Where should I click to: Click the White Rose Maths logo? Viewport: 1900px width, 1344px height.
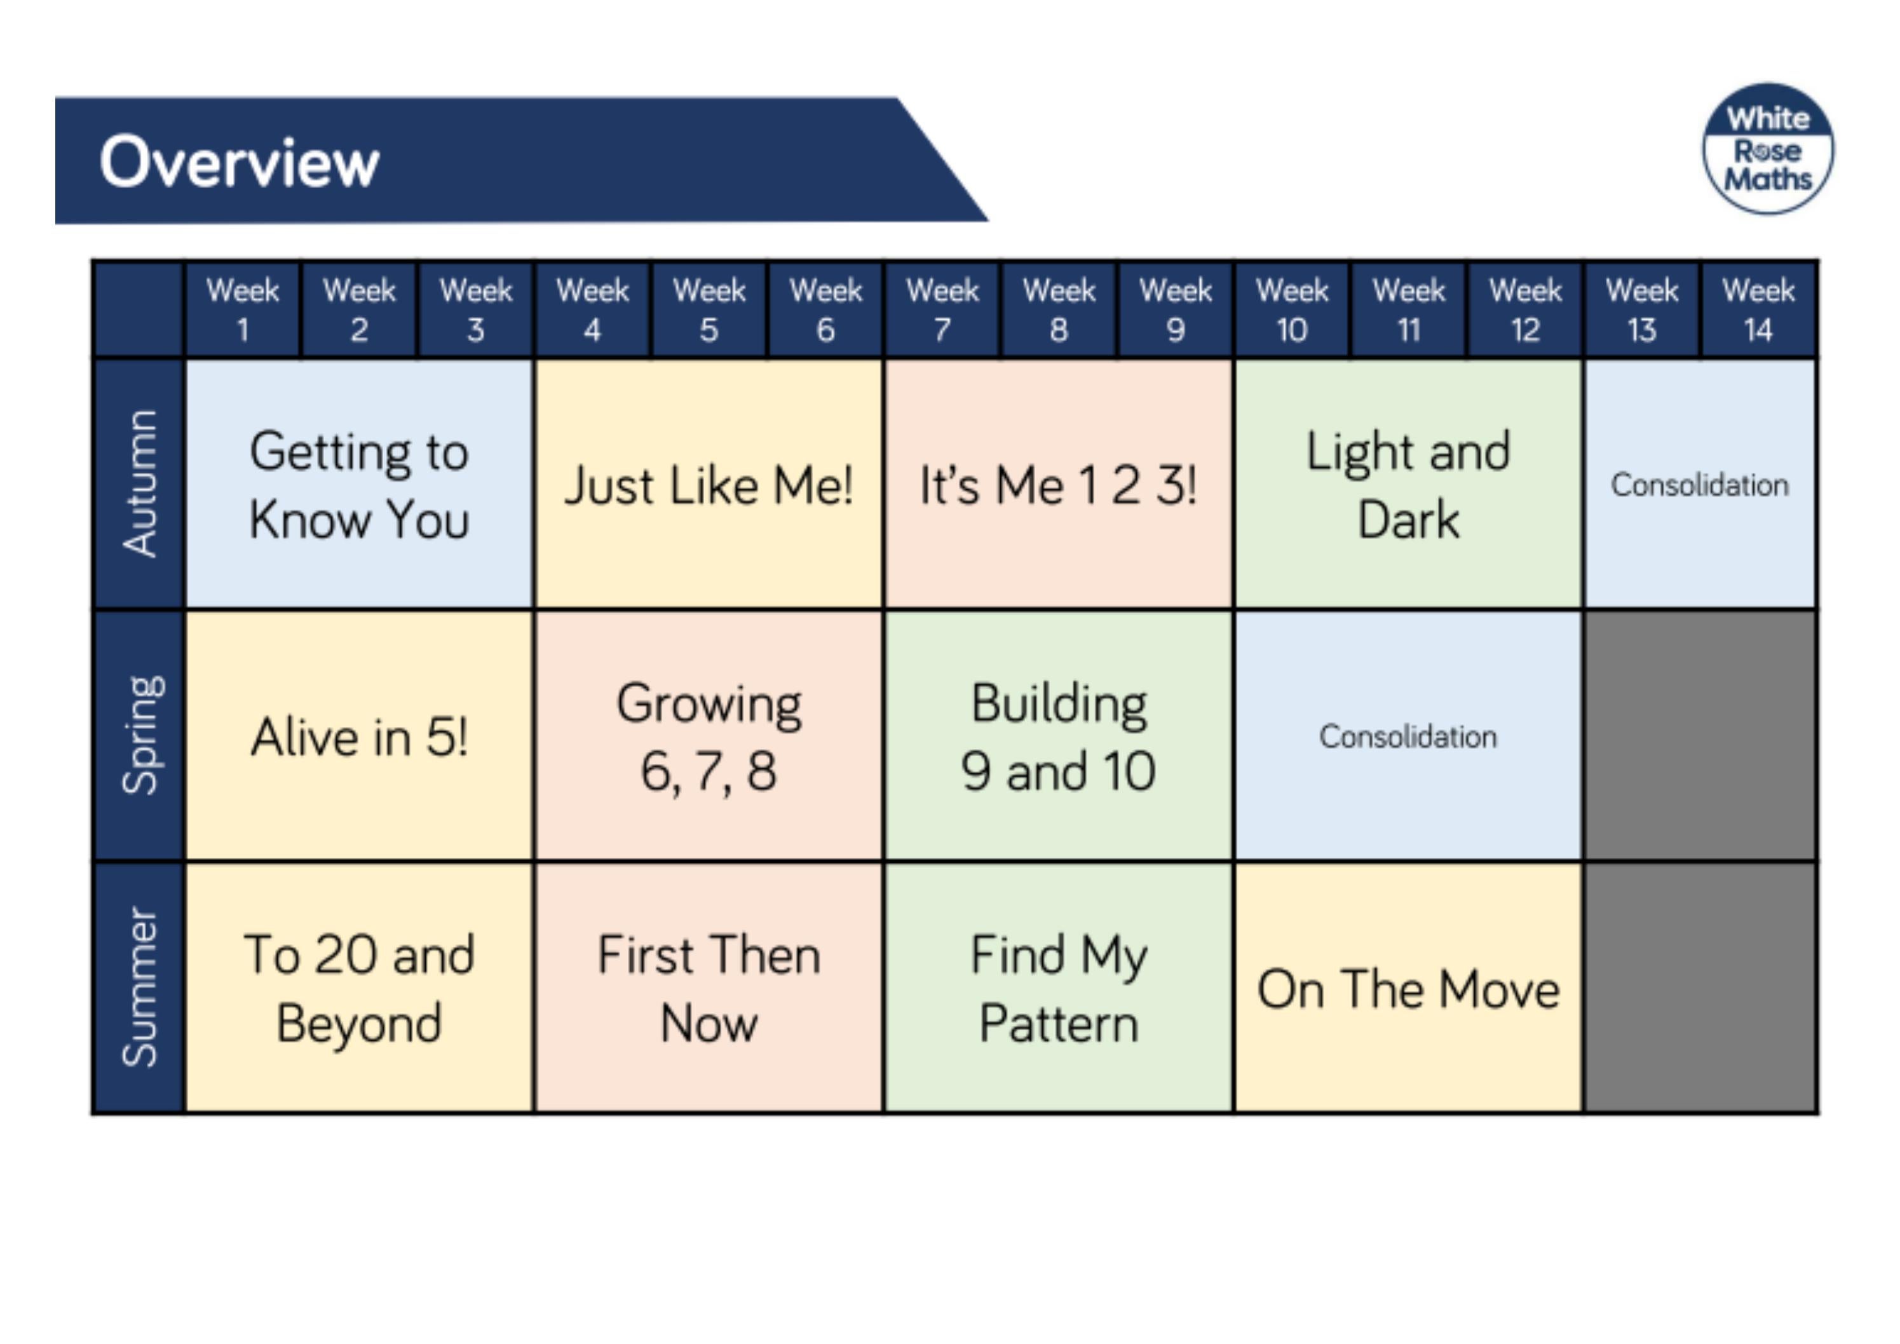(x=1768, y=149)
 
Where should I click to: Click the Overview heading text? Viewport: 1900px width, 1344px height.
(x=239, y=162)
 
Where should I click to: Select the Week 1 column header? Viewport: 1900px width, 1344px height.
(x=243, y=309)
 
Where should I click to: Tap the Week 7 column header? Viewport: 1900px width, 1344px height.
(x=942, y=309)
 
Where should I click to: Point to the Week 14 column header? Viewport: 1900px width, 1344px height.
(x=1758, y=309)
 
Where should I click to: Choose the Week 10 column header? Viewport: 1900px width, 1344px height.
(x=1292, y=309)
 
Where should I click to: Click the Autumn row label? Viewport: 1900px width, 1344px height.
(x=139, y=484)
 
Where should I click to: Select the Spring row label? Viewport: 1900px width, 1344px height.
(x=139, y=736)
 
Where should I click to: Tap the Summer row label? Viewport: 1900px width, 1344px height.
(x=139, y=988)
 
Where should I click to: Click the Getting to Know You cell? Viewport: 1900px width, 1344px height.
(x=359, y=485)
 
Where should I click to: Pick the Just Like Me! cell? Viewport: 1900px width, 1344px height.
(x=709, y=485)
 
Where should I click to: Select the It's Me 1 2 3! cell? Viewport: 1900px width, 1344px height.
(x=1059, y=485)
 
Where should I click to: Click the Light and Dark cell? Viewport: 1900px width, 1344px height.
(x=1408, y=485)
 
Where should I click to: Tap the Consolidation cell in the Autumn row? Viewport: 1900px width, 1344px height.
(x=1700, y=485)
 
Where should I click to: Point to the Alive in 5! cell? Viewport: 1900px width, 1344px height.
(x=359, y=736)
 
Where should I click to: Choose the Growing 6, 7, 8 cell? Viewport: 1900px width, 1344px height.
(x=709, y=736)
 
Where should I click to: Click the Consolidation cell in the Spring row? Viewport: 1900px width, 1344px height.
(x=1408, y=736)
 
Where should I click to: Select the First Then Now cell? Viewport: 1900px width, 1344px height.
(x=709, y=988)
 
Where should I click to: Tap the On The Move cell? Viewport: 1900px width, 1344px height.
(x=1408, y=988)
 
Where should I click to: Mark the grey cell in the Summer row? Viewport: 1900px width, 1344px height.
(x=1700, y=988)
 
